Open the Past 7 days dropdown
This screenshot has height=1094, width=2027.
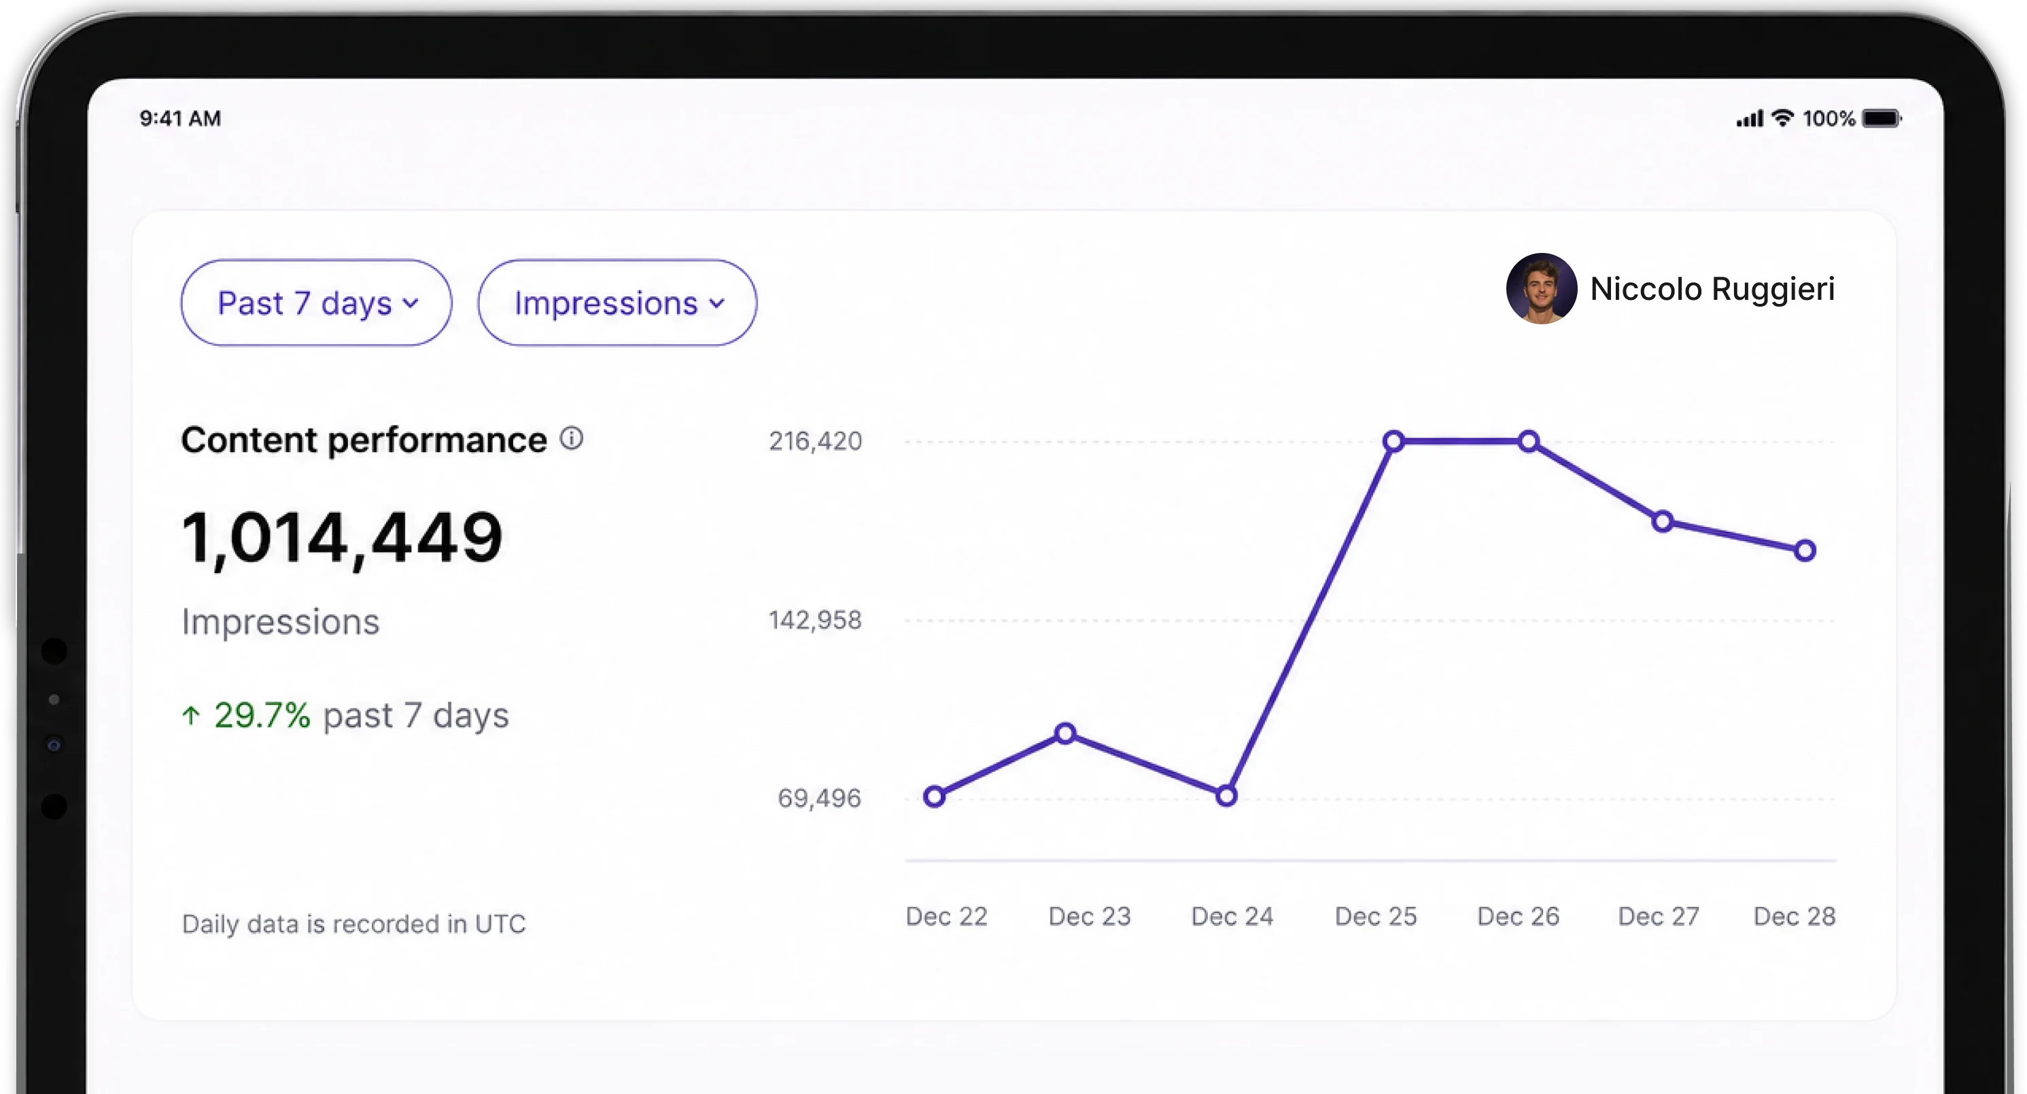(x=316, y=303)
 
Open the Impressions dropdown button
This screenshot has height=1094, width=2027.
(x=617, y=303)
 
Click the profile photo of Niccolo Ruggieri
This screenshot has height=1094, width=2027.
(x=1542, y=289)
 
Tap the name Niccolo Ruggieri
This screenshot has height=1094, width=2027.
(x=1712, y=289)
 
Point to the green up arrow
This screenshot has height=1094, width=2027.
(x=191, y=715)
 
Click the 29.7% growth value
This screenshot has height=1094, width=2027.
(x=262, y=715)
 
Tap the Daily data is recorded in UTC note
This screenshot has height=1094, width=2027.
(x=353, y=923)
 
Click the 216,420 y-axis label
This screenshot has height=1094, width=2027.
(x=815, y=441)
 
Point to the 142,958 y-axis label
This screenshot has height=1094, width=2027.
(x=815, y=620)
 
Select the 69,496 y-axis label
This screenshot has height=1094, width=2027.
(x=819, y=798)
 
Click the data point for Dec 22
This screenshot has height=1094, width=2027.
(x=934, y=796)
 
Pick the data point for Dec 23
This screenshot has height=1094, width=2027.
(x=1064, y=734)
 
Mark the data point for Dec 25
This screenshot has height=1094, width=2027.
(x=1393, y=441)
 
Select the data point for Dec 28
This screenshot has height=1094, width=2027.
(x=1805, y=550)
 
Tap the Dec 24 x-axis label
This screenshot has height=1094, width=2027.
(x=1232, y=916)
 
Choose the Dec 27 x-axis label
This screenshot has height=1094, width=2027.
(x=1659, y=916)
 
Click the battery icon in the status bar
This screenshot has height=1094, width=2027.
(x=1882, y=119)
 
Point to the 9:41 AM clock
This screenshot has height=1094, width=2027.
(x=180, y=119)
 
